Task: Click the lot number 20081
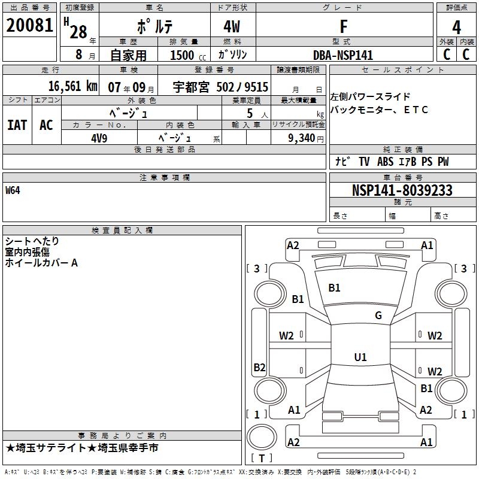click(x=29, y=26)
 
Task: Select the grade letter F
click(x=343, y=27)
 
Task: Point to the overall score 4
click(x=456, y=28)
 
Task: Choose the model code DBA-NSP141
click(x=343, y=54)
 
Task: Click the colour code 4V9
click(x=99, y=137)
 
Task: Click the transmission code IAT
click(x=17, y=125)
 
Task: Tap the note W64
click(x=13, y=190)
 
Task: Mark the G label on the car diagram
click(x=378, y=316)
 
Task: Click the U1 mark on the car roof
click(x=360, y=357)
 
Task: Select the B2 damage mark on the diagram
click(x=259, y=367)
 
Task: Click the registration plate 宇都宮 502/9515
click(x=221, y=87)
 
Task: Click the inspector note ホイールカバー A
click(x=42, y=262)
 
